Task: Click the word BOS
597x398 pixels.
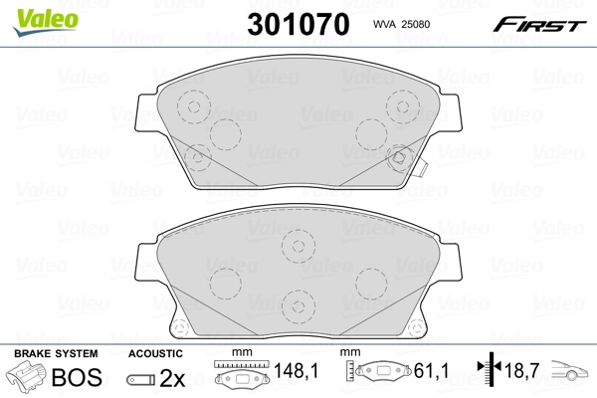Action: click(82, 379)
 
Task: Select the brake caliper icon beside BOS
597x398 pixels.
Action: click(28, 378)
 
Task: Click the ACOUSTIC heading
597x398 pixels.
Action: click(155, 354)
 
